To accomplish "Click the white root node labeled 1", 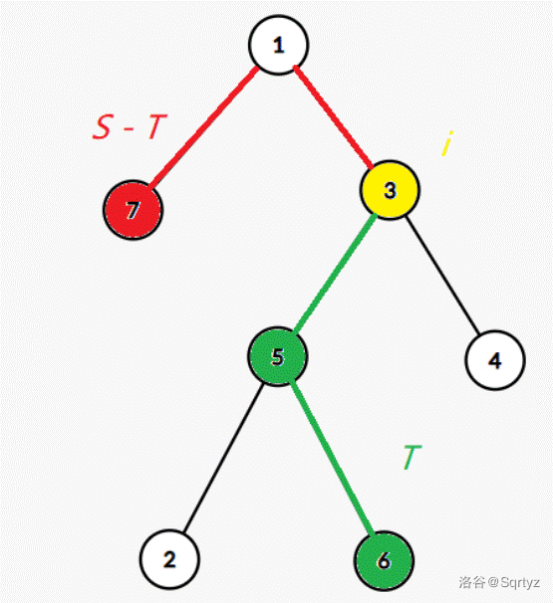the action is [278, 45].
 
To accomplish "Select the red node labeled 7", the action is [134, 210].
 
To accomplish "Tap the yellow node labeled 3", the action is [390, 190].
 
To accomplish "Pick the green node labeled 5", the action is [278, 356].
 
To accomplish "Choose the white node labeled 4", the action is [495, 360].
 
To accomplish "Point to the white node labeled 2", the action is [169, 559].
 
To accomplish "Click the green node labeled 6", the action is [384, 560].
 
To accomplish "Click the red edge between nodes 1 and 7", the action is [203, 127].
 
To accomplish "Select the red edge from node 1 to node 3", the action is [334, 117].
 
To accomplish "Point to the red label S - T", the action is [131, 126].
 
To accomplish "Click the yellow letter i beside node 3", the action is [447, 143].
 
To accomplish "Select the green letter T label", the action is [413, 458].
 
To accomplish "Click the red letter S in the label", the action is [103, 127].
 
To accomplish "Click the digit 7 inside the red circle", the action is [133, 211].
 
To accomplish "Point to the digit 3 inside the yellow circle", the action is [391, 190].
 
